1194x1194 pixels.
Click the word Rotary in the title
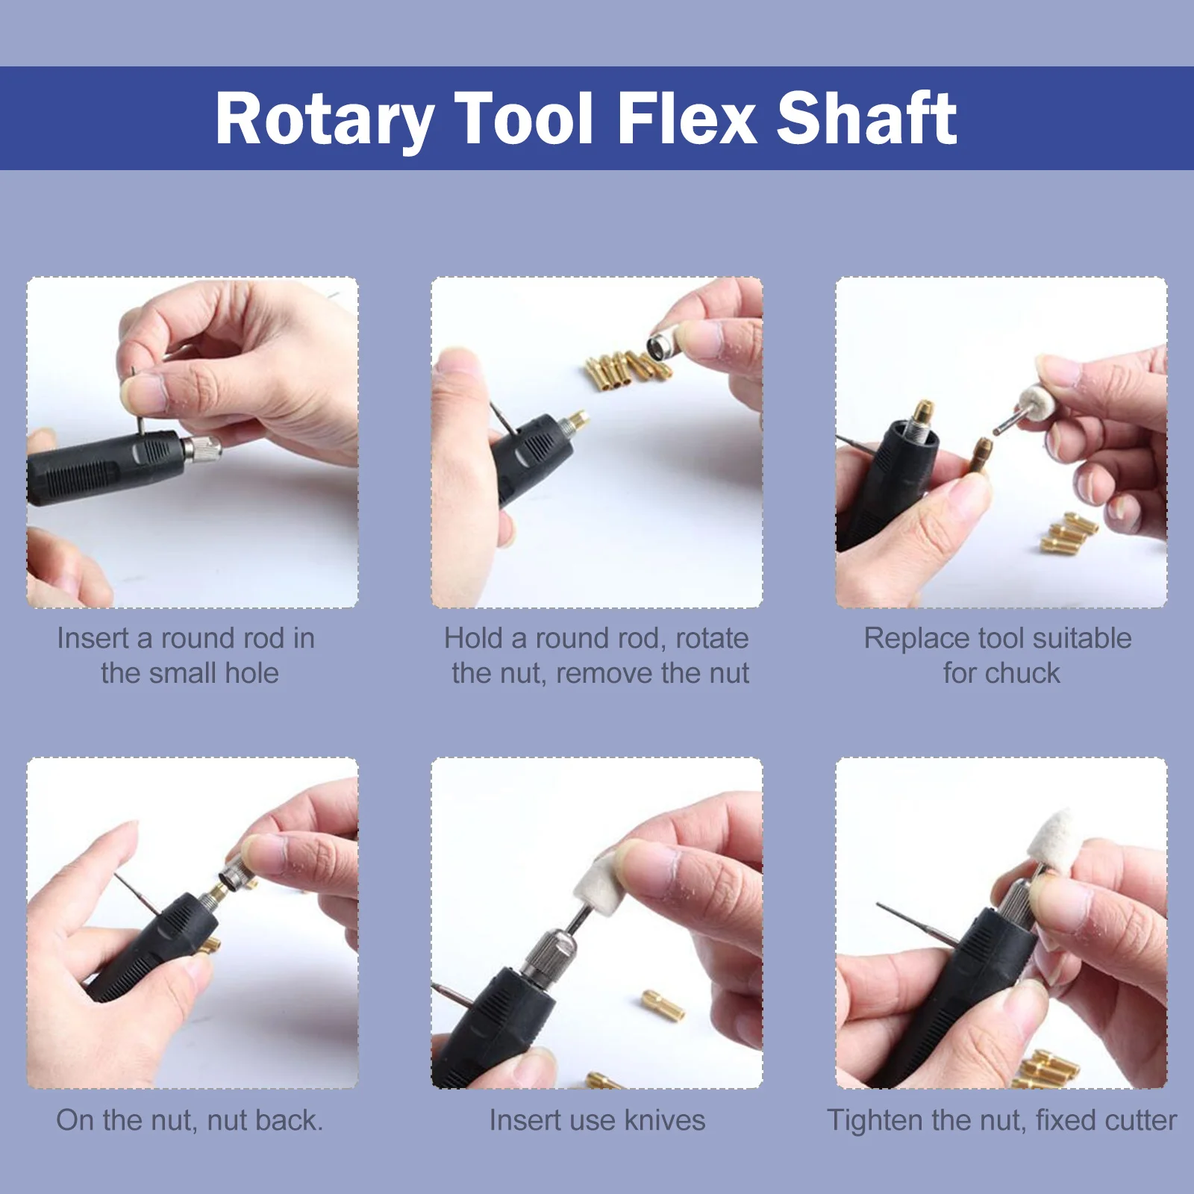[325, 119]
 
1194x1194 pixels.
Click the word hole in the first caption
[251, 673]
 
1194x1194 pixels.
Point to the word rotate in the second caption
[712, 639]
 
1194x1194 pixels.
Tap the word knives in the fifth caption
[665, 1120]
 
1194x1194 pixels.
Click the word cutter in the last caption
[1140, 1120]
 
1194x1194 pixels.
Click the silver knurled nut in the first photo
[201, 450]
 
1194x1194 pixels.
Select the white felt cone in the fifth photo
[597, 884]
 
